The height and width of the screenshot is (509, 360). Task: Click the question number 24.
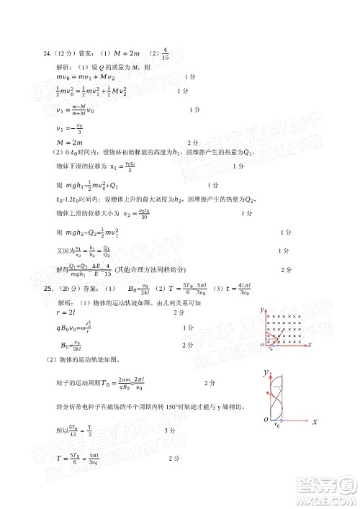tap(48, 53)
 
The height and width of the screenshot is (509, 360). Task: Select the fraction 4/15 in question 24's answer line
tap(166, 53)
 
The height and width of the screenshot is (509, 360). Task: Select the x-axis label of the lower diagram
tap(315, 425)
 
